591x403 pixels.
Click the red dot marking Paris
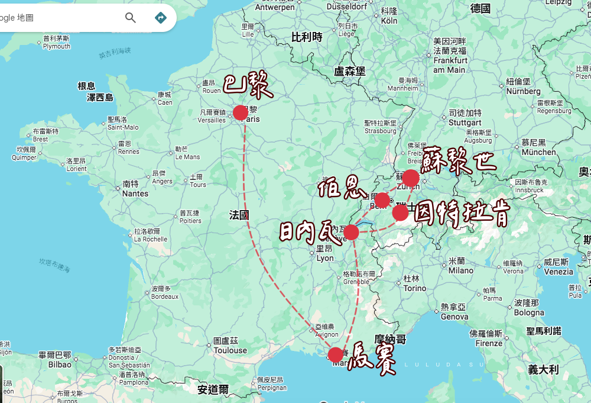click(x=241, y=112)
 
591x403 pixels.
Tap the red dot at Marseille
click(x=336, y=354)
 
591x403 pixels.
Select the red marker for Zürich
click(x=410, y=178)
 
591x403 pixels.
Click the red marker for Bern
click(x=382, y=200)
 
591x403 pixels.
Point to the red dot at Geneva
click(x=351, y=232)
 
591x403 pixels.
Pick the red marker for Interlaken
click(x=400, y=213)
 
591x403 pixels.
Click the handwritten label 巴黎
click(x=248, y=86)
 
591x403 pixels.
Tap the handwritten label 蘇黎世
click(x=459, y=160)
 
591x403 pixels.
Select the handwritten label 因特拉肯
click(x=461, y=214)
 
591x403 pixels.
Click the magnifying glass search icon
click(x=131, y=18)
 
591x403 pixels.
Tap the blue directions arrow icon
click(x=160, y=18)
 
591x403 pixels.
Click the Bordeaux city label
click(x=164, y=296)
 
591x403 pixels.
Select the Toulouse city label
click(x=230, y=350)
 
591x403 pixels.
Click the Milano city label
click(x=461, y=270)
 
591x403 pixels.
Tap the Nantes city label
click(x=135, y=193)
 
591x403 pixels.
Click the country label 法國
click(x=239, y=215)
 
